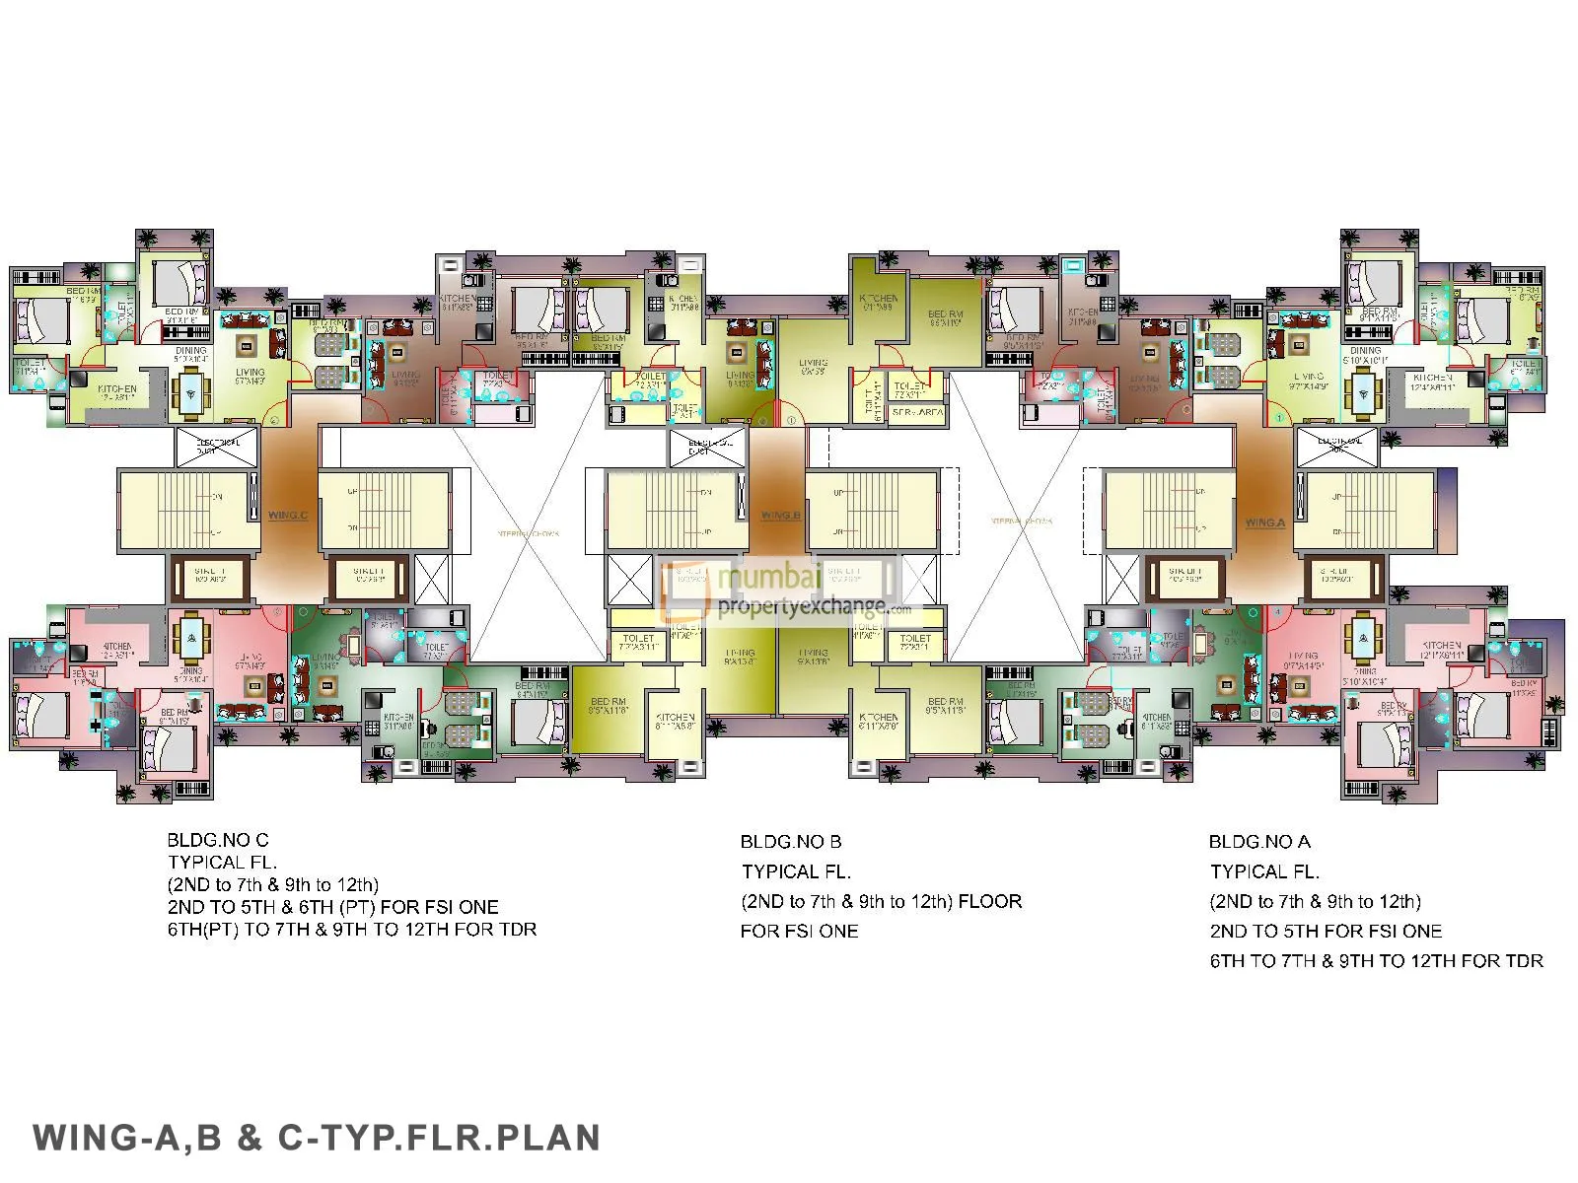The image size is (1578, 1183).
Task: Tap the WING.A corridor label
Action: point(1264,522)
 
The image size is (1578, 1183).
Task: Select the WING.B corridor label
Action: point(780,516)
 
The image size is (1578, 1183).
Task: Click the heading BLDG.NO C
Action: point(217,841)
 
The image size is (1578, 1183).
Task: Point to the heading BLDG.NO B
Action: point(790,842)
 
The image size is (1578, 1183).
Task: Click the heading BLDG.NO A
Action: point(1259,842)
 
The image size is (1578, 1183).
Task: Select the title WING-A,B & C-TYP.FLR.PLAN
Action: point(317,1137)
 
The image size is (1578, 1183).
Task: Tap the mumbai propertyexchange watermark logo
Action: point(779,590)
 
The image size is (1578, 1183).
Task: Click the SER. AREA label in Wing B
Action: point(917,412)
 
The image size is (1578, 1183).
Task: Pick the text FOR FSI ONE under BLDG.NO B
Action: point(799,932)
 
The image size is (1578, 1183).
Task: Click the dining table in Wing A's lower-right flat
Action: point(1362,632)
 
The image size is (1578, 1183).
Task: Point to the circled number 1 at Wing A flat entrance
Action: point(1279,419)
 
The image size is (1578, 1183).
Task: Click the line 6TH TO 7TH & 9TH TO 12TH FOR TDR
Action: point(1376,961)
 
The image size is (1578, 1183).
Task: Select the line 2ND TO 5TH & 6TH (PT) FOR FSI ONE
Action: point(332,907)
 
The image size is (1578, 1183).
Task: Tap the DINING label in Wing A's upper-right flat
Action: point(1365,350)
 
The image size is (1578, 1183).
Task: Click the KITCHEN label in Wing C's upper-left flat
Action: point(116,389)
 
